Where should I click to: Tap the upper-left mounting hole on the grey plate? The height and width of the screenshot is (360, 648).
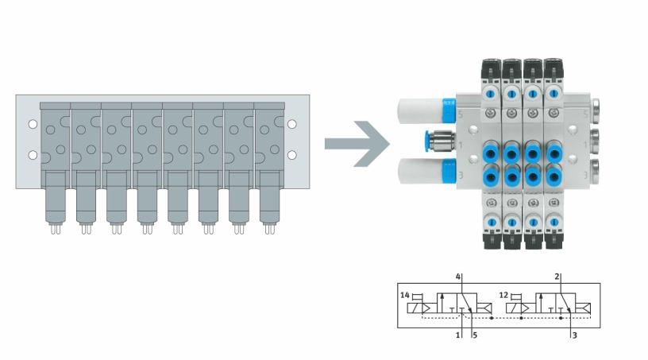pos(32,125)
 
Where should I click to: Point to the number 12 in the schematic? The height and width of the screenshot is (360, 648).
pos(503,295)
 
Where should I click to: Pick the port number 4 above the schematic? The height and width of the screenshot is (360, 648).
pos(458,277)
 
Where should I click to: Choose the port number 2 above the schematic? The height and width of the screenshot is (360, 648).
pos(557,277)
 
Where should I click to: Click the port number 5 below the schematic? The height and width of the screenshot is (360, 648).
pos(474,337)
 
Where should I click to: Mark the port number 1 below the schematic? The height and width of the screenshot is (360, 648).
pos(458,337)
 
